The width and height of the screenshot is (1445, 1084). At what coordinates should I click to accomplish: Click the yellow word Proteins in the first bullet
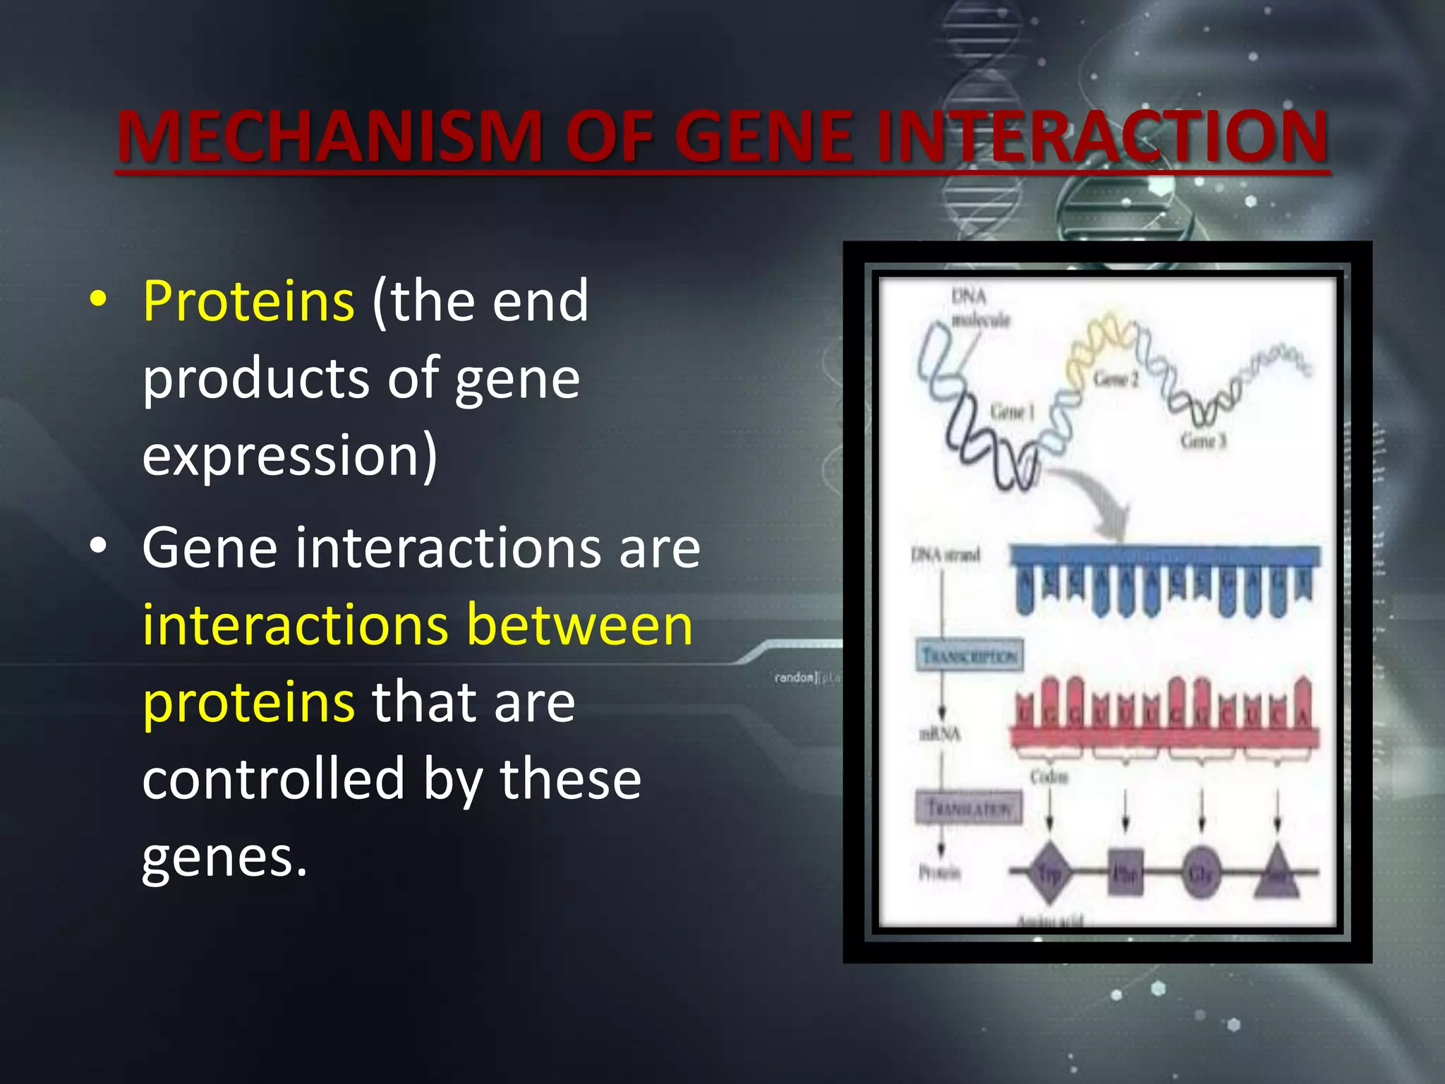pos(248,301)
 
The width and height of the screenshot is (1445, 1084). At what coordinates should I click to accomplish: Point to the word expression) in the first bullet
pos(290,456)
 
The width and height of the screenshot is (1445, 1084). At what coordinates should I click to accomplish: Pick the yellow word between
pos(579,625)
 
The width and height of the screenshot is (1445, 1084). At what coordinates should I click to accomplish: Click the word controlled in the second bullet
pos(273,779)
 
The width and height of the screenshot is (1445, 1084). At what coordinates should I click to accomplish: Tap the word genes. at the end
pos(224,857)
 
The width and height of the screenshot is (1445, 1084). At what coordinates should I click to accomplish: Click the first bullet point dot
pos(99,299)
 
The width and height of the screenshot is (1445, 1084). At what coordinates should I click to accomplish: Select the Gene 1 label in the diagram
pos(1012,411)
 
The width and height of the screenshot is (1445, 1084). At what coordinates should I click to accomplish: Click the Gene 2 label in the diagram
pos(1116,379)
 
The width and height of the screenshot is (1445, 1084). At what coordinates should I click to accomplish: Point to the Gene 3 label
pos(1203,441)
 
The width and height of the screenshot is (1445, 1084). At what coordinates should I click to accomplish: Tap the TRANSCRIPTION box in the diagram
pos(969,656)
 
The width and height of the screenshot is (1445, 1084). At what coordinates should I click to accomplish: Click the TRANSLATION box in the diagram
pos(969,807)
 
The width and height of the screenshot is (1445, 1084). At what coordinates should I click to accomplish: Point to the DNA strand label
pos(945,555)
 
